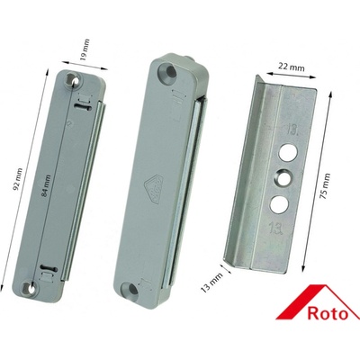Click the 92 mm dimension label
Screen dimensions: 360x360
[x=18, y=180]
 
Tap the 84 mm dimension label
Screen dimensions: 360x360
[x=47, y=185]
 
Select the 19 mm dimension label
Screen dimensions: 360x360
[x=85, y=49]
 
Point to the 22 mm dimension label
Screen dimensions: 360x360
[x=291, y=67]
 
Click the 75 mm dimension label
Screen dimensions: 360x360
[x=326, y=186]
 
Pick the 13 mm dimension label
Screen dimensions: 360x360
[x=212, y=283]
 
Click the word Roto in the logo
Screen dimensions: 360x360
[x=328, y=314]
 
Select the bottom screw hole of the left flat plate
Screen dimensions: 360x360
[x=31, y=288]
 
